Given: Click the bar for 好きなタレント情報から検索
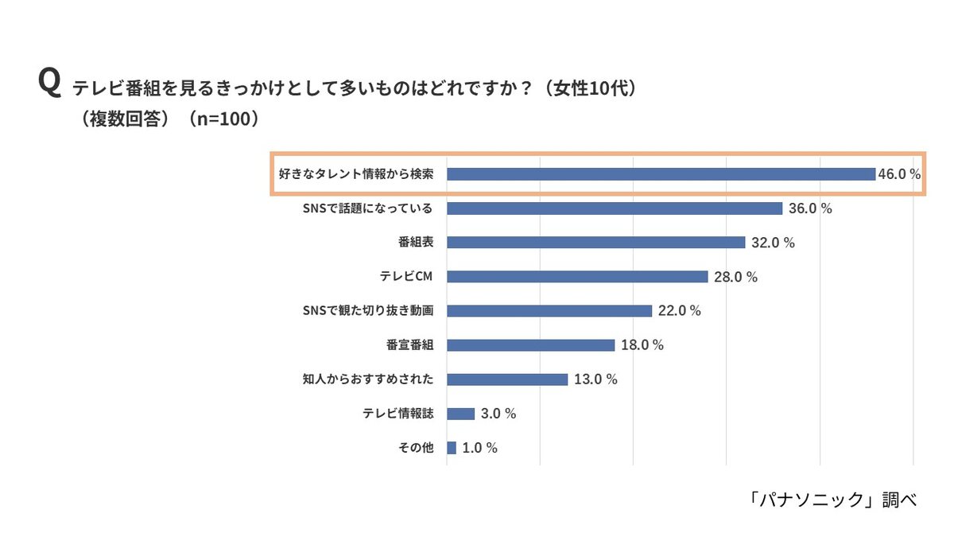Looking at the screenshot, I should (661, 174).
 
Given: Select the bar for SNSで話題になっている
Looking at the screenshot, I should (615, 208).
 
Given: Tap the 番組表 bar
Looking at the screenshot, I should (595, 243).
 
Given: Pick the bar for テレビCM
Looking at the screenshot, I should (577, 277).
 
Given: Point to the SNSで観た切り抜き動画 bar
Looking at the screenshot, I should (549, 311).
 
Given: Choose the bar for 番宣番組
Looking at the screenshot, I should (530, 345).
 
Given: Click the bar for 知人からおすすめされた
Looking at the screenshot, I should (507, 379).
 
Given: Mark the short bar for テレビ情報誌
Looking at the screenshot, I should (461, 414).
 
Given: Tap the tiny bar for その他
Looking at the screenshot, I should (452, 448).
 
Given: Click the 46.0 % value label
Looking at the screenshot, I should (899, 174).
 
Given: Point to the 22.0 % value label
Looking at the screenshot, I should (680, 311).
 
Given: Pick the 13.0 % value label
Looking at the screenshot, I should (595, 379).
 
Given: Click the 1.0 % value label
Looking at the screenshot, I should (479, 448).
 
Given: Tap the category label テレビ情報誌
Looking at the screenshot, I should (397, 414).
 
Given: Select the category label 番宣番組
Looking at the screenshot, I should (409, 345).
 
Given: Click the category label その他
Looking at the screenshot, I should (416, 448).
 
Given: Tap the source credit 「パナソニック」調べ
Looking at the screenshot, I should (832, 500).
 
